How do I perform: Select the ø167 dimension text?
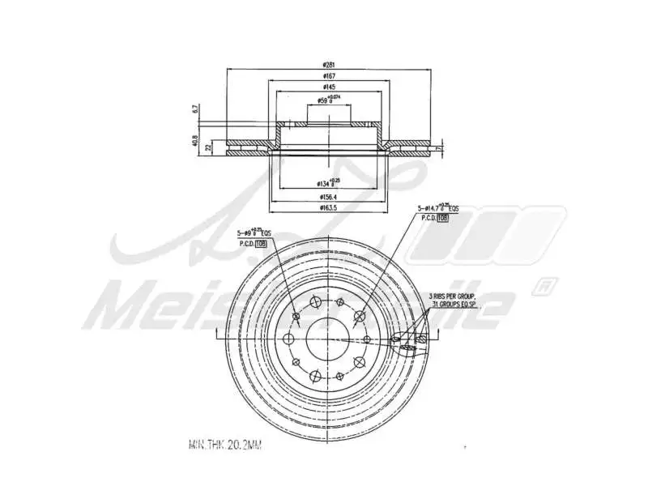pos(329,75)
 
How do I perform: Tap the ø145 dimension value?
pos(329,87)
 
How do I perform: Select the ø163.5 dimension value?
pos(329,207)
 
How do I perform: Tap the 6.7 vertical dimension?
pos(195,108)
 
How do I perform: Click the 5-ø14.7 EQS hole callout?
pos(437,208)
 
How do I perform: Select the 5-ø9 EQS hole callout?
pos(254,233)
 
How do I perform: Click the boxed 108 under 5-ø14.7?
pos(442,219)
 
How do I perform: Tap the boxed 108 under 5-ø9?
pos(261,243)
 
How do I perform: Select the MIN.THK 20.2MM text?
pos(225,445)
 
